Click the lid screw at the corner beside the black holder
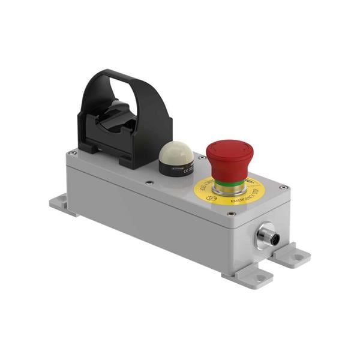click(x=73, y=153)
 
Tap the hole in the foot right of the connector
click(x=299, y=256)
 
